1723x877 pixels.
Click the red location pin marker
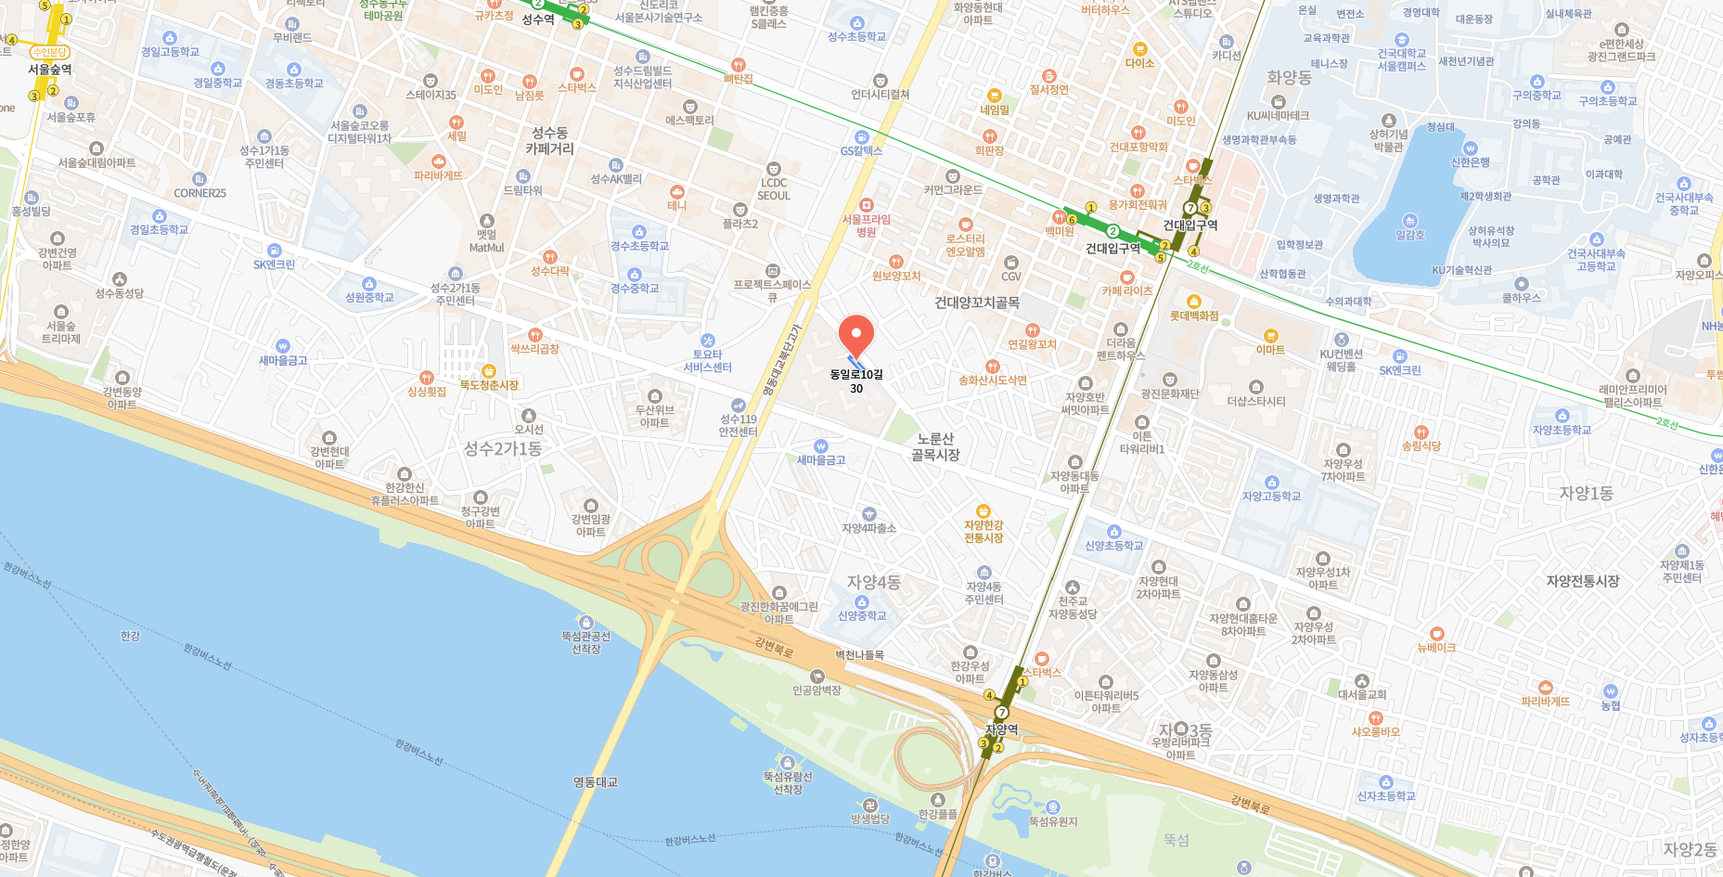855,335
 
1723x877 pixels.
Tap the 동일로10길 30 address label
856,380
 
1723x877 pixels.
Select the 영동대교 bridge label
595,782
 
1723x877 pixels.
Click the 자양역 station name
1001,729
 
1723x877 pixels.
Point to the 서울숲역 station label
49,70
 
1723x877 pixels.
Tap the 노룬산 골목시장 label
935,446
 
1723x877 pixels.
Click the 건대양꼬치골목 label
976,303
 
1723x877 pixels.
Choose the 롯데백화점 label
1194,316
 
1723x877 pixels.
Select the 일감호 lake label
1409,235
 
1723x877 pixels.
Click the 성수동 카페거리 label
549,141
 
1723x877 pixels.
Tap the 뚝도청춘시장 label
489,384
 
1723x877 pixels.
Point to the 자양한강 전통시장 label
984,532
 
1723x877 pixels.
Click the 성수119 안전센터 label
739,425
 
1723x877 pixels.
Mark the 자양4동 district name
873,582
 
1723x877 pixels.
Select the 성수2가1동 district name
503,449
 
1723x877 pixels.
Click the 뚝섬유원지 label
1052,821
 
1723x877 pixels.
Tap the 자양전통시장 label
1582,581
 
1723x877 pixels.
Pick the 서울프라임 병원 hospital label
866,226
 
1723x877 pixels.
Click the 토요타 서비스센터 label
707,361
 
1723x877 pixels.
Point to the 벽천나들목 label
859,654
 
